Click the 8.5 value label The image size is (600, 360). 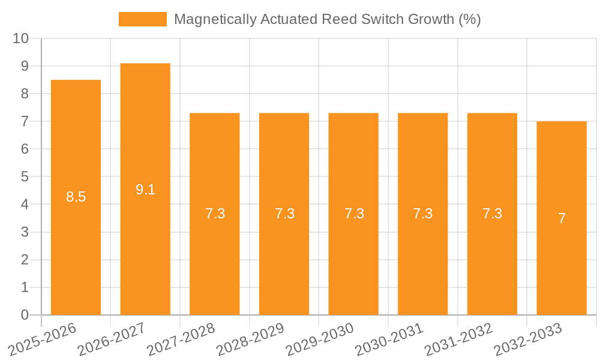click(76, 196)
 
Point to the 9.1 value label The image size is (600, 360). click(145, 190)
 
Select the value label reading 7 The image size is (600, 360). click(562, 218)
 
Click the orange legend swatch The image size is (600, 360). click(143, 19)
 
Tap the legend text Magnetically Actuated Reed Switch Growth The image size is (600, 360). click(327, 19)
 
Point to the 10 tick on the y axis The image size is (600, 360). click(21, 38)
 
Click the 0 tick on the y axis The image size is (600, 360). click(25, 315)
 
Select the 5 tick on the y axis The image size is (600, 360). click(25, 177)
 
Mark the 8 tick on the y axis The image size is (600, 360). click(25, 94)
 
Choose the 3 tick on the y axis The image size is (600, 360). click(25, 232)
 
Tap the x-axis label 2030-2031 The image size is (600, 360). click(389, 339)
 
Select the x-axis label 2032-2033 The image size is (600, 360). click(528, 339)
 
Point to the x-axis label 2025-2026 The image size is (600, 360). click(43, 339)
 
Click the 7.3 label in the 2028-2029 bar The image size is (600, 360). click(284, 214)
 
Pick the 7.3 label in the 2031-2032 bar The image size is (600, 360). click(492, 214)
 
